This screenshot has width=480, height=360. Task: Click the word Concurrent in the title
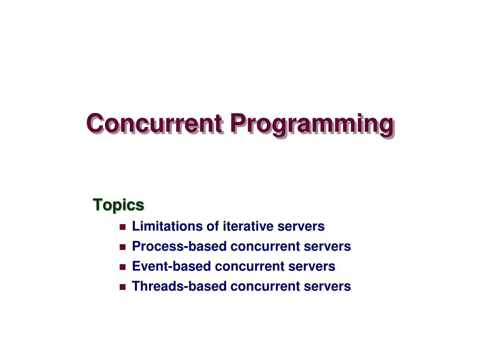pos(155,123)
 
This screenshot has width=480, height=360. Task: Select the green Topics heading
pos(119,205)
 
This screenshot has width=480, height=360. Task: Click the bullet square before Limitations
pos(123,227)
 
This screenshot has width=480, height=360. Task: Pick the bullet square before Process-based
pos(123,247)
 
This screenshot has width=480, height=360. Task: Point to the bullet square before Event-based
pos(123,267)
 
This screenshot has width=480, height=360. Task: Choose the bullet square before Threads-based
pos(123,287)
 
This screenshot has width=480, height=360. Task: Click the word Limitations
pos(167,226)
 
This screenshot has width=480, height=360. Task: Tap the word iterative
pos(248,226)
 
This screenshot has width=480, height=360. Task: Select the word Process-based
pos(179,246)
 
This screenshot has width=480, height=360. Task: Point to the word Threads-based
pos(179,286)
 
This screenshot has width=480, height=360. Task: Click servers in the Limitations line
pos(301,227)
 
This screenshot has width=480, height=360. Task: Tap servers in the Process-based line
pos(327,247)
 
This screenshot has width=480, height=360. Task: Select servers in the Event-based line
pos(312,267)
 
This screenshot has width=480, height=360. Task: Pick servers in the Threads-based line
pos(327,287)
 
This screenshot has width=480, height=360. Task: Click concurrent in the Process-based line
pos(265,247)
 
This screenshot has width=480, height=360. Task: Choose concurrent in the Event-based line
pos(250,267)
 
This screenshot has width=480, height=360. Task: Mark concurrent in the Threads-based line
pos(265,287)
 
